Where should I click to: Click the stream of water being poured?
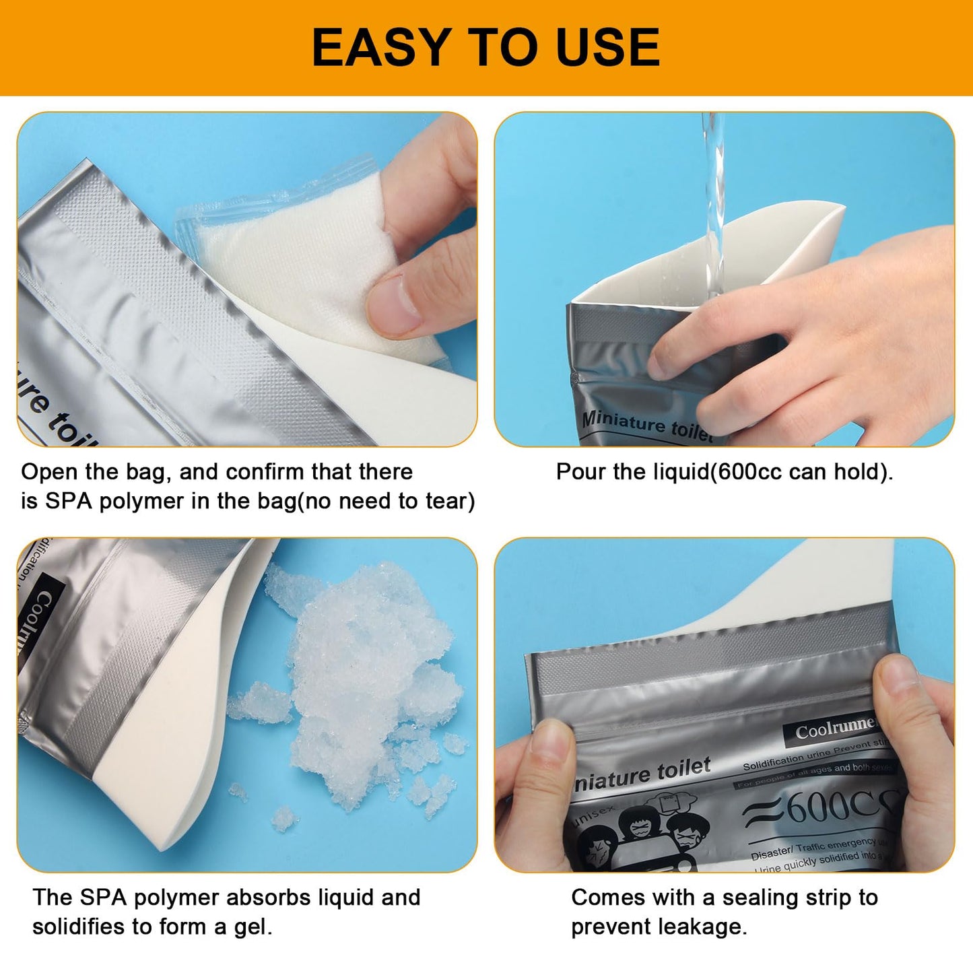[713, 202]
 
